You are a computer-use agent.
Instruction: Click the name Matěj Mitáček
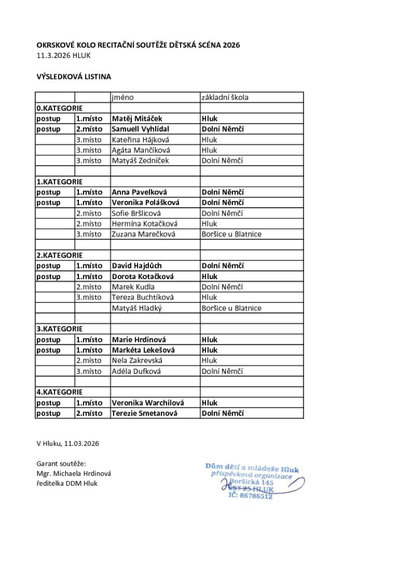(137, 119)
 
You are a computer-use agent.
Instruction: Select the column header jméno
(123, 98)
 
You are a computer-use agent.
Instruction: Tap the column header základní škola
(225, 98)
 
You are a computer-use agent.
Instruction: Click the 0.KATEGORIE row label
(60, 108)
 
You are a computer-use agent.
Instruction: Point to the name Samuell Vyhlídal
(140, 129)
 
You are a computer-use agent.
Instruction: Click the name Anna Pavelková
(139, 192)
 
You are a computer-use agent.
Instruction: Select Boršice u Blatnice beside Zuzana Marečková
(231, 234)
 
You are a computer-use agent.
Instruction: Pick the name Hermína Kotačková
(144, 224)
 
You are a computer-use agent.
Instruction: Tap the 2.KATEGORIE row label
(60, 255)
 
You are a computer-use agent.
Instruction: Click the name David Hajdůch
(137, 266)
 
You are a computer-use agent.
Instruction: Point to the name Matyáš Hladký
(137, 308)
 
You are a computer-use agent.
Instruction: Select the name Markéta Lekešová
(142, 350)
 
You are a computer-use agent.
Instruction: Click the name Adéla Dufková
(136, 371)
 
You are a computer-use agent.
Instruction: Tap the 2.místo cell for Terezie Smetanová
(89, 413)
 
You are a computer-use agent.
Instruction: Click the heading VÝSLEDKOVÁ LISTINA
(74, 76)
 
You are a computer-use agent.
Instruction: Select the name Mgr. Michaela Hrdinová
(74, 473)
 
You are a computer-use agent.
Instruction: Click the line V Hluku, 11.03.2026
(68, 443)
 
